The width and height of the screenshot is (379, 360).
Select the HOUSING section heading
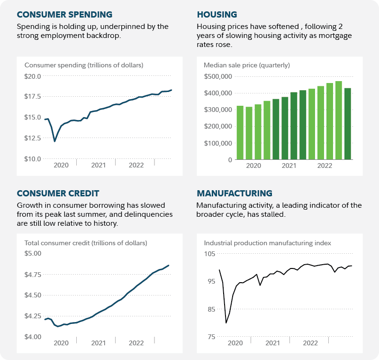click(x=217, y=14)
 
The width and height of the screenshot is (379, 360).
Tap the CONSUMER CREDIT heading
click(x=58, y=193)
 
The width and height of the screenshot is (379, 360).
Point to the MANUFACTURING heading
click(x=235, y=193)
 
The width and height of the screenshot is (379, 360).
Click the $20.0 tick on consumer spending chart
click(x=33, y=76)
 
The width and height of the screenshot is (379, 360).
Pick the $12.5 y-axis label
click(x=33, y=138)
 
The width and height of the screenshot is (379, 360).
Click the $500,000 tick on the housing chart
click(x=218, y=76)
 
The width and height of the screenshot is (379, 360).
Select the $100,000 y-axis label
click(x=218, y=143)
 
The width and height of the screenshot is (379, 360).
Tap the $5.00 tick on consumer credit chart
click(x=33, y=253)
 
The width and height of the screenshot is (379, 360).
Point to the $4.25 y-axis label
click(x=33, y=316)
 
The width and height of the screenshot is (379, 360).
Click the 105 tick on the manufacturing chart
click(x=209, y=254)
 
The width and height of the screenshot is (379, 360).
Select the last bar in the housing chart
click(x=348, y=124)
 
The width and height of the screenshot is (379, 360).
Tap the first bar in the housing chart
click(x=240, y=133)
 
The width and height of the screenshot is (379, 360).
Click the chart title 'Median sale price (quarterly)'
click(x=246, y=65)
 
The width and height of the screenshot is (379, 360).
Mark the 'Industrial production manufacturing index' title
click(x=267, y=243)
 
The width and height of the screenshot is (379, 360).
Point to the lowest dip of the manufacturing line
click(x=226, y=323)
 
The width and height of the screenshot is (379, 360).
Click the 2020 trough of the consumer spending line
click(x=55, y=141)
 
